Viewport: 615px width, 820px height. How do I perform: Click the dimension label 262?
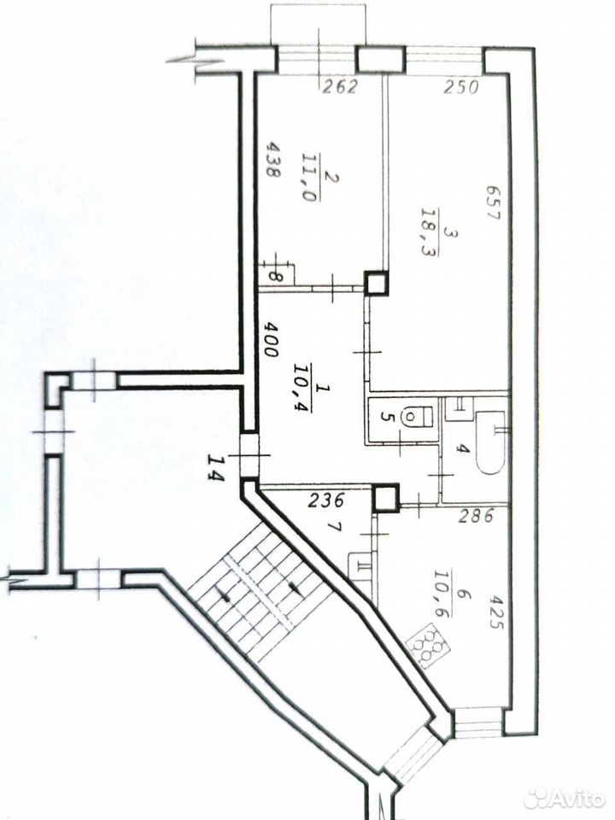pos(339,86)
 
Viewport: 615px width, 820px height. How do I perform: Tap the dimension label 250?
pos(460,87)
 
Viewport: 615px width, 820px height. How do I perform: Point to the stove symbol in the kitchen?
pos(427,641)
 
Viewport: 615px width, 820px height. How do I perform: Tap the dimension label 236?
pos(325,501)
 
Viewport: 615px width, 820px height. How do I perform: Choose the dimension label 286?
pos(476,516)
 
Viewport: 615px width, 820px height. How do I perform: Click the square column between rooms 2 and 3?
pos(377,283)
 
